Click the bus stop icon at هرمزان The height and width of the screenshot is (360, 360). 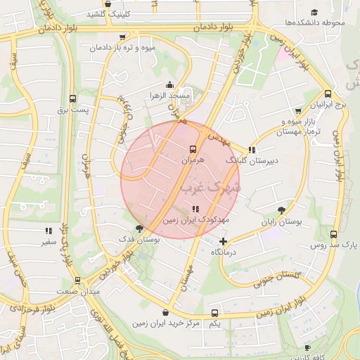coord(193,148)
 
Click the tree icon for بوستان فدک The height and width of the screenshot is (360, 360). coord(139,228)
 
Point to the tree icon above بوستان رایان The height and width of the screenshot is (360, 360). coord(282,210)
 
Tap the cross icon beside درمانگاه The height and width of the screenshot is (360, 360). coord(224,241)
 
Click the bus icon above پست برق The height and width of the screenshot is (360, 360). coord(72,99)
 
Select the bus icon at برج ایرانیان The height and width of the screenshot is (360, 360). coord(328,94)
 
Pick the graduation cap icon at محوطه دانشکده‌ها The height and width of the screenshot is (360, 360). coord(314,12)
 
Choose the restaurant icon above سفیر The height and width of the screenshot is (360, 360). coord(49,231)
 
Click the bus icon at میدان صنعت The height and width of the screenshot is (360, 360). coord(77,281)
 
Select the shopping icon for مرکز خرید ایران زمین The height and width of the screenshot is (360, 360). coord(165,313)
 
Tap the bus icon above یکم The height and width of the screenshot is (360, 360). coord(215,313)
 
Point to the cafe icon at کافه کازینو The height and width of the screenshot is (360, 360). coord(307,347)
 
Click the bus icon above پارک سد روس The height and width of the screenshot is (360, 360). coord(333,235)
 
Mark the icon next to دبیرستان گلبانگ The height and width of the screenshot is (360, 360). coord(251,149)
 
